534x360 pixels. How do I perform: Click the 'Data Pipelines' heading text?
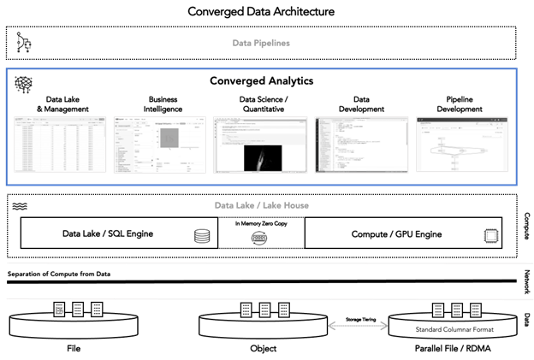coord(261,43)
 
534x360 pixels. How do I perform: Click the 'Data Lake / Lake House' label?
coord(261,205)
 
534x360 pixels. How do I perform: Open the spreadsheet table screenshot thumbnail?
coord(60,145)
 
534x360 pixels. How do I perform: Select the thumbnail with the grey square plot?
coord(160,145)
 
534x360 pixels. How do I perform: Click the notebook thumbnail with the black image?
coord(259,145)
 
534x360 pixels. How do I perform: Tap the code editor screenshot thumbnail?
coord(360,145)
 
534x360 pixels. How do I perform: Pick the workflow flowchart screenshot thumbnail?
coord(462,145)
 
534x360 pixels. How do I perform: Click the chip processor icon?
coord(491,236)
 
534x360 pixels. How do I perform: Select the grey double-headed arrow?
coord(358,326)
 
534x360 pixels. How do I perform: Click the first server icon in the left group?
coord(59,310)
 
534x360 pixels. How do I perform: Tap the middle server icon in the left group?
coord(78,310)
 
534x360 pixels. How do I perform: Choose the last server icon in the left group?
coord(97,310)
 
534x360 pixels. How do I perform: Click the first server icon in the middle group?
coord(246,310)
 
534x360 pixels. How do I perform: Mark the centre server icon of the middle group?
coord(264,310)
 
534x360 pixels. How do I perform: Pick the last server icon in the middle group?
coord(283,310)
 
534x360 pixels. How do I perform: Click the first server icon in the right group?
coord(438,310)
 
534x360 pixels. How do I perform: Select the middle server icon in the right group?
coord(457,310)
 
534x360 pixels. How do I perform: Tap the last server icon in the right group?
coord(476,310)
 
